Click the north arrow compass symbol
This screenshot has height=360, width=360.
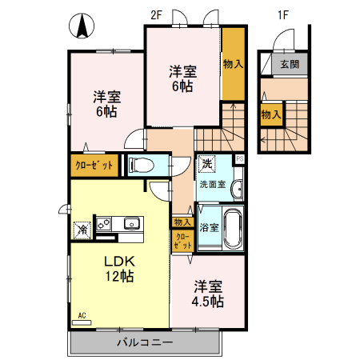[x=81, y=26]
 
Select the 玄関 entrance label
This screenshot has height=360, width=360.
[x=289, y=65]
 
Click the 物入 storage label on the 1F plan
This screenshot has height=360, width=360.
[x=270, y=114]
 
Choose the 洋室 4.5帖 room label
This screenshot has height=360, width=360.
[x=207, y=294]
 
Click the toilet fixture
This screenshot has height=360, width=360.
[x=142, y=166]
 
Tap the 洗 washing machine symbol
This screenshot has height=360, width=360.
[x=207, y=164]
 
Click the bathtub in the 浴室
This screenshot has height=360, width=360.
[x=232, y=228]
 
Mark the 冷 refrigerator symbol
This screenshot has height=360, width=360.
[x=81, y=230]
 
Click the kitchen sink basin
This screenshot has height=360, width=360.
[x=130, y=223]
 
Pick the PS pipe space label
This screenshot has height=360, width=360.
[x=239, y=158]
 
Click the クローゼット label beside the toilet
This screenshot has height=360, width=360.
[x=94, y=166]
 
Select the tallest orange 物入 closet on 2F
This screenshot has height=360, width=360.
[x=234, y=64]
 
